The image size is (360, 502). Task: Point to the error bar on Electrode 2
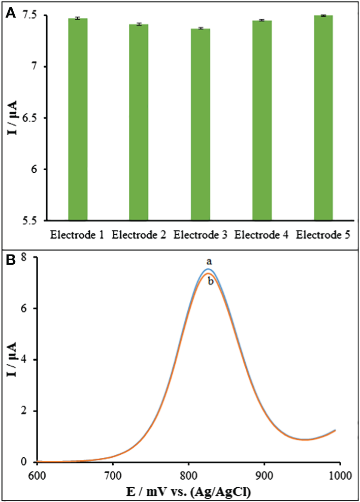[x=139, y=24]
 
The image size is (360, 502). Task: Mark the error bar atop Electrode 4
[x=262, y=20]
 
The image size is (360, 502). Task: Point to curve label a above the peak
[x=208, y=261]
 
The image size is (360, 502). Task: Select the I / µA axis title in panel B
[x=12, y=360]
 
